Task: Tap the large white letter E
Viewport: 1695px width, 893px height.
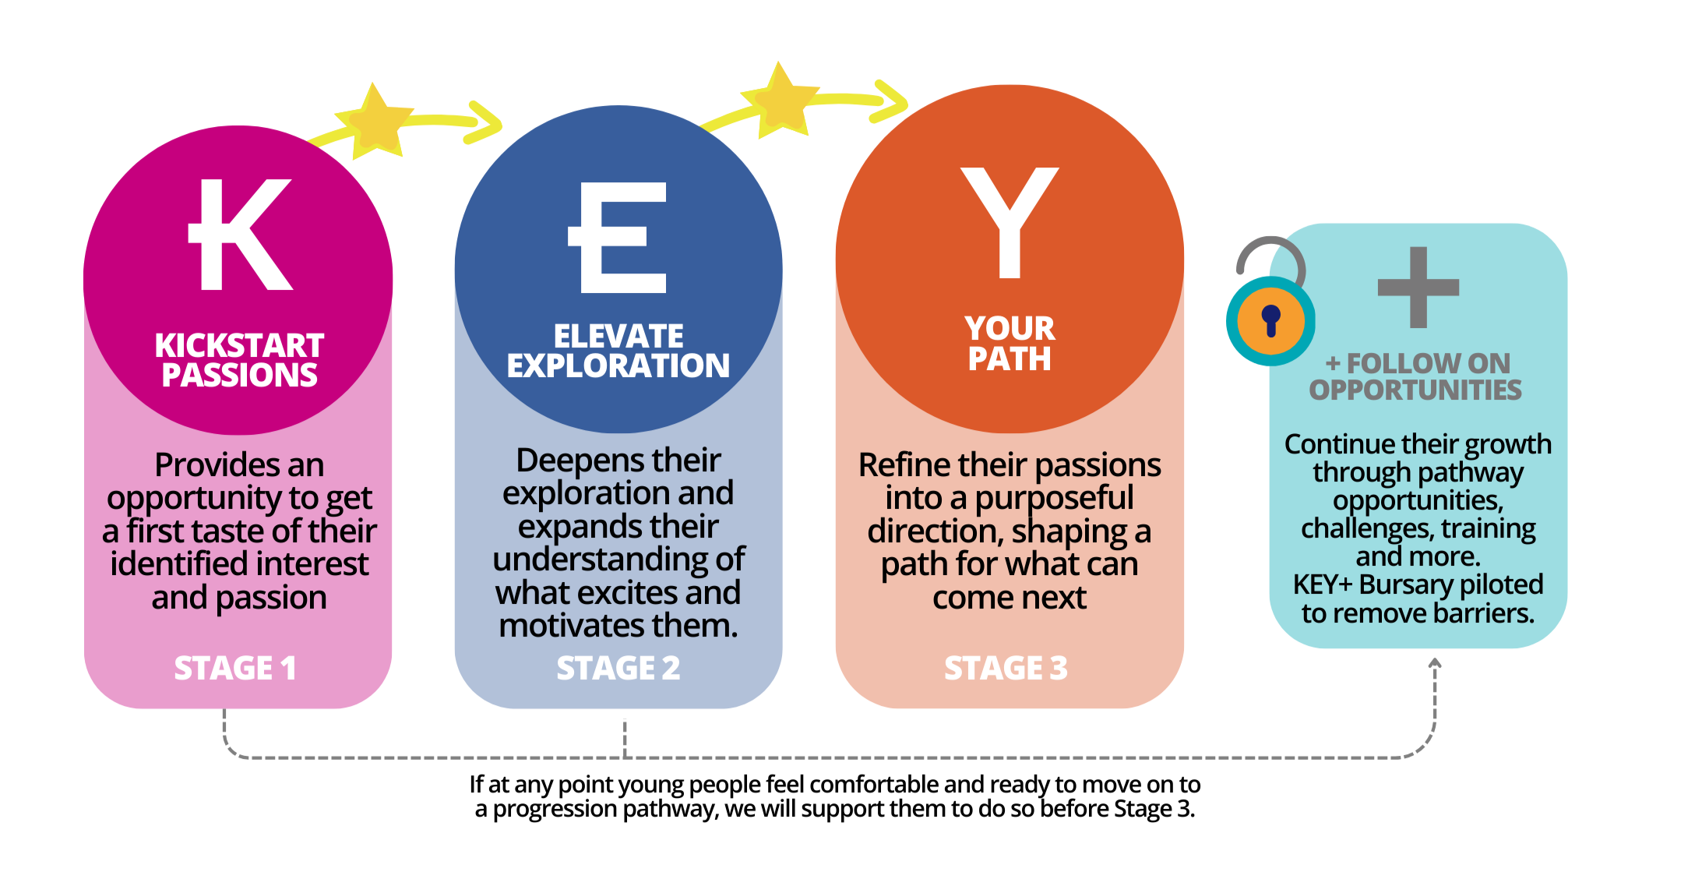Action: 619,238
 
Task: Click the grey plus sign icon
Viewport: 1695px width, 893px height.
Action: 1418,288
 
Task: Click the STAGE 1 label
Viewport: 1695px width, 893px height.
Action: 235,669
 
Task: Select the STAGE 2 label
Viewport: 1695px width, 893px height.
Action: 618,669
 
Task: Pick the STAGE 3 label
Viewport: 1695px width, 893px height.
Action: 1006,669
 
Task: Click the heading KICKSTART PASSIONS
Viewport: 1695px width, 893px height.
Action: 239,360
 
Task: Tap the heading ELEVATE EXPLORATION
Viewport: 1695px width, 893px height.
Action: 618,351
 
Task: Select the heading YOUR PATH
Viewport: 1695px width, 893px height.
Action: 1010,344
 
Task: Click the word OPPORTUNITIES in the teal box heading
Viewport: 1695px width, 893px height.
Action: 1415,390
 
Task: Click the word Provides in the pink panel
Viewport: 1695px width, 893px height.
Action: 204,465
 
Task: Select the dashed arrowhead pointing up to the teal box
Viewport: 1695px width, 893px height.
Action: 1435,665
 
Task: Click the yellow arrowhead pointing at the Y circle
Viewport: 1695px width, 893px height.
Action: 893,101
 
